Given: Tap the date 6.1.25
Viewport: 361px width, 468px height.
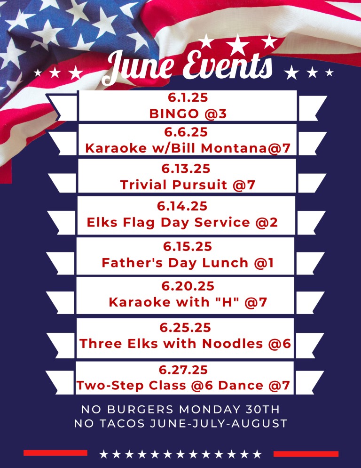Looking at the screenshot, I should pos(188,98).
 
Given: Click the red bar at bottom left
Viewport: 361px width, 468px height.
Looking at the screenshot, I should pos(55,453).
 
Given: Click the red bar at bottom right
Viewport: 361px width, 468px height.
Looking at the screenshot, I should pos(306,454).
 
